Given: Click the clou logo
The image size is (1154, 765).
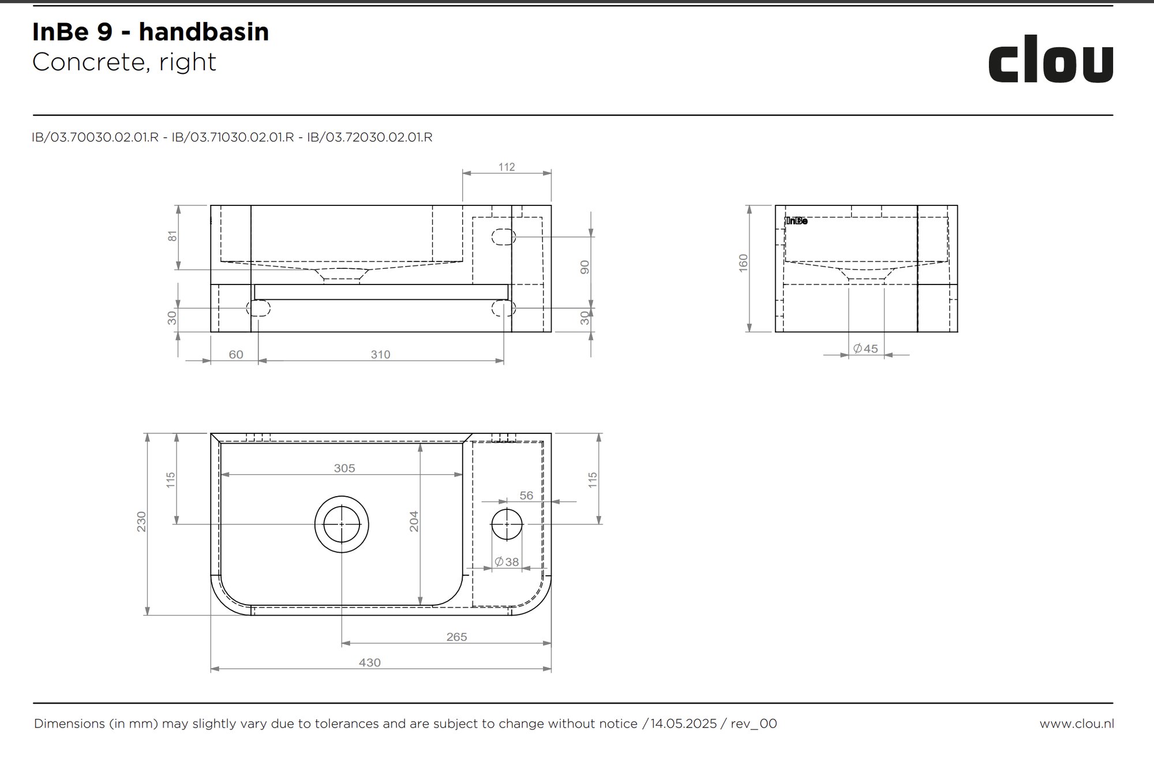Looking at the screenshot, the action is (x=1051, y=59).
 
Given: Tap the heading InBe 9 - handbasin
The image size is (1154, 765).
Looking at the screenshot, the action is (x=151, y=32).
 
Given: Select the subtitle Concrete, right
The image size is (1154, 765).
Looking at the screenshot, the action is (x=124, y=62).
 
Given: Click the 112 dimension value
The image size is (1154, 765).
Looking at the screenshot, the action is (x=507, y=167).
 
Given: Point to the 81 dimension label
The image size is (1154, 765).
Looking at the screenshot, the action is (x=173, y=236).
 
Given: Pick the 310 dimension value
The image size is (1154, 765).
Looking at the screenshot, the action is (x=380, y=354).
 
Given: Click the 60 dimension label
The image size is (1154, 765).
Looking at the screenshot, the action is (x=236, y=354).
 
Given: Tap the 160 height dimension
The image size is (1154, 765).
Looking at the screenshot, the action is (x=743, y=262).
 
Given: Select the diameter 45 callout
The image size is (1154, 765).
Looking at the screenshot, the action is (x=865, y=348).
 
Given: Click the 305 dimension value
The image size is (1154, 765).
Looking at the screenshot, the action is (x=344, y=468).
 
